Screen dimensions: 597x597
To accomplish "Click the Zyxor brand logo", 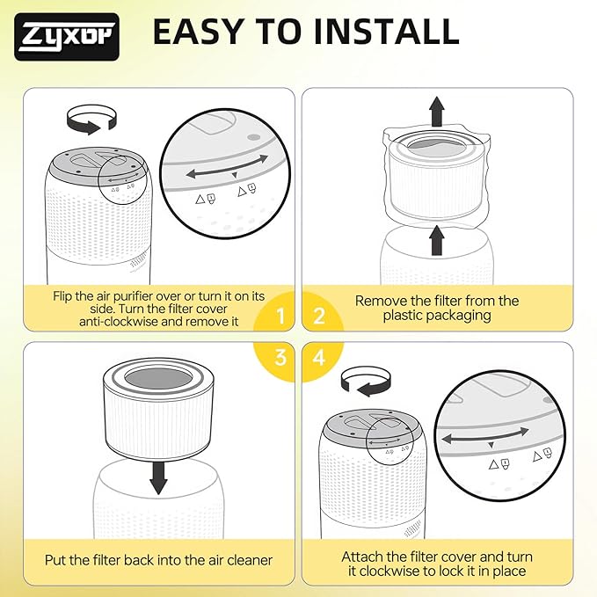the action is (67, 37).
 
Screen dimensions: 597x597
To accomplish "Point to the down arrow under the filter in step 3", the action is (158, 477).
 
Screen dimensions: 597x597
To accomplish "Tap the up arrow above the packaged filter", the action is (437, 111).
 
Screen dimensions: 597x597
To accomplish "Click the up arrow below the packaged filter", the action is (437, 240).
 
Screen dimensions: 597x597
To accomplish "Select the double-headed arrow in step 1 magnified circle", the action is (228, 167).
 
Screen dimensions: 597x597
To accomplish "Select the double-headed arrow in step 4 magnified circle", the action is (484, 435).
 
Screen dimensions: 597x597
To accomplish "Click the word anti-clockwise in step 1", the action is (119, 322).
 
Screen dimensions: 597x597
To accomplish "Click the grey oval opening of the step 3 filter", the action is (158, 378).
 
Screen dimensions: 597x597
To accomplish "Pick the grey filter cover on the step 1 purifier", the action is (97, 164).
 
